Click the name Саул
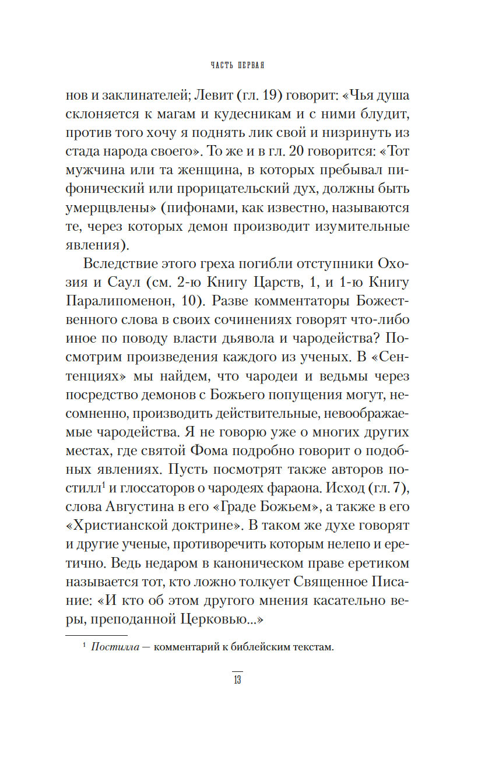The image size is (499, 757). tap(121, 283)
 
